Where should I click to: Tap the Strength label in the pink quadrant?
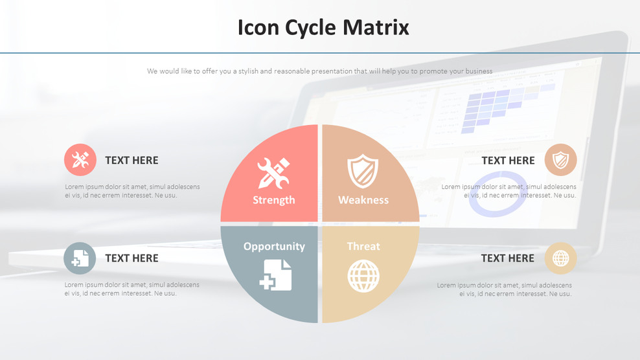273,200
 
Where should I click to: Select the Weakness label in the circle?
363,200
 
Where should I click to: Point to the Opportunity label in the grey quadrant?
274,246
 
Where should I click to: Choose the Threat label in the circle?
363,246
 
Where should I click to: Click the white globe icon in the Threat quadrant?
363,276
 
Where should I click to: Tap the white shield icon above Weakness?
363,171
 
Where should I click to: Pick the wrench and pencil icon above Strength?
273,173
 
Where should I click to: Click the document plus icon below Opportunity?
275,275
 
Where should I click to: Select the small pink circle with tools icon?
80,160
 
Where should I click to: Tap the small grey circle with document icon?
80,258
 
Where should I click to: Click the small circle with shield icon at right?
560,160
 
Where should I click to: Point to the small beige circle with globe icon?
560,258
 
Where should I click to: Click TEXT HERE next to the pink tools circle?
131,161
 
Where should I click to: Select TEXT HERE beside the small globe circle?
507,258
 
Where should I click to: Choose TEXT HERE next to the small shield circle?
508,161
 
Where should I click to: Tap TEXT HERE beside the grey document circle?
131,258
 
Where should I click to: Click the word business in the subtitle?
476,71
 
